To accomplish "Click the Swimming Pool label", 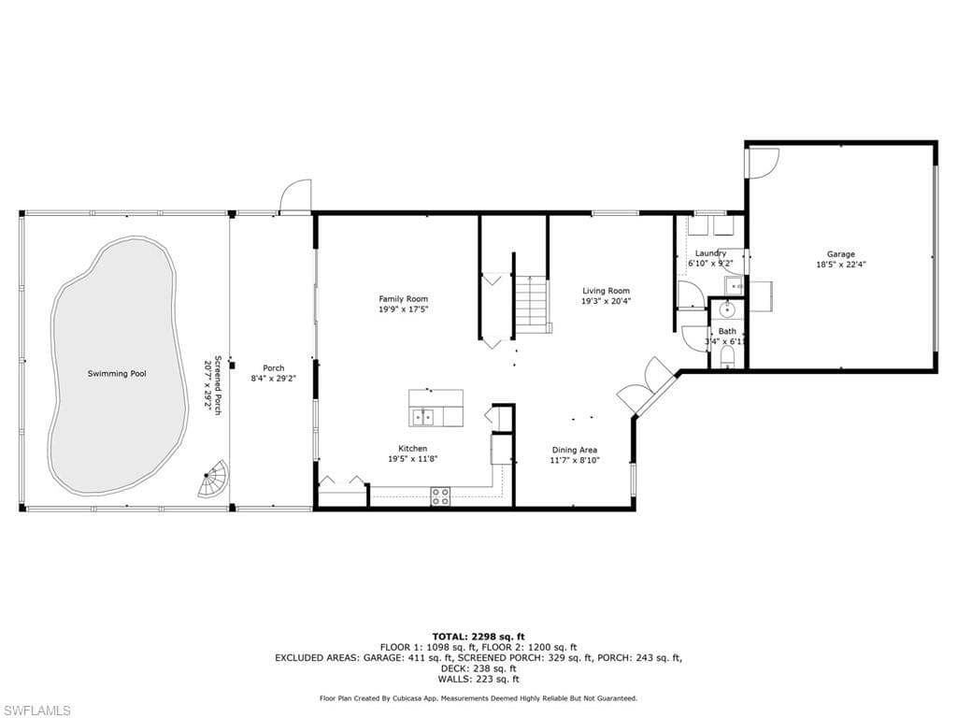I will tap(117, 374).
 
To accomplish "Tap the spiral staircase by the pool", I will tap(214, 480).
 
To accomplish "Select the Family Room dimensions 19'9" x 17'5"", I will tap(404, 309).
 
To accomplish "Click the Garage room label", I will tap(840, 253).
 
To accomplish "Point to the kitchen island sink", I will tap(425, 417).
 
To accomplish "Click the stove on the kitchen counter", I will tap(440, 496).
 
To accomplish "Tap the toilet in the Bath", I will tap(729, 358).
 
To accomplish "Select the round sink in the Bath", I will tap(728, 310).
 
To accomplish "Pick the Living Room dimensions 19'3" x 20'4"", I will tap(606, 301).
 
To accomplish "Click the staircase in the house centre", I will tap(531, 303).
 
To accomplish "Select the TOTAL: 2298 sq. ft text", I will tap(478, 636).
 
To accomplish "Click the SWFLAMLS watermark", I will tap(36, 711).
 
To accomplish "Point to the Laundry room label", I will tap(710, 253).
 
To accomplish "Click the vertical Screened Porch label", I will tap(218, 385).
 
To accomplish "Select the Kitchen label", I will tap(412, 449).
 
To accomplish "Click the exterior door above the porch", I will tap(295, 197).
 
